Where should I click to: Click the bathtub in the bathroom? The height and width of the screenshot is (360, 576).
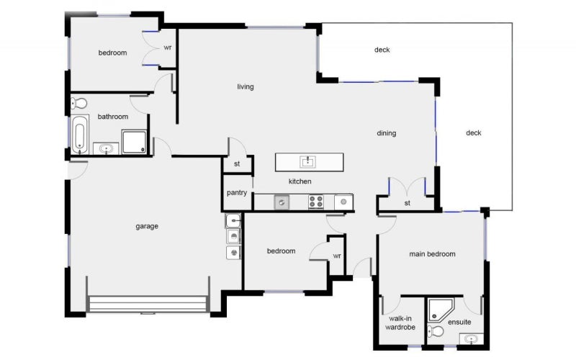point(79,135)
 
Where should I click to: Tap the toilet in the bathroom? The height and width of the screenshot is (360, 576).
point(80,103)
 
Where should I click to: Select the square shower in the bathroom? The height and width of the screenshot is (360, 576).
point(135,142)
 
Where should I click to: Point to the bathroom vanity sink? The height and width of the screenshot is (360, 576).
point(107,149)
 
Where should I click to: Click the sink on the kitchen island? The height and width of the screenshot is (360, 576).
point(309,161)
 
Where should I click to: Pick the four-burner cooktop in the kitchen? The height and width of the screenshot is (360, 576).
point(316,202)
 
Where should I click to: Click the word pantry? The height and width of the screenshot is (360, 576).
point(237,193)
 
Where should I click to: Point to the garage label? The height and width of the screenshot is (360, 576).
point(147,226)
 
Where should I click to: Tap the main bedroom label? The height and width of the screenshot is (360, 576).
point(432,254)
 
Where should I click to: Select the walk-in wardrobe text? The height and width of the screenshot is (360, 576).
point(400,323)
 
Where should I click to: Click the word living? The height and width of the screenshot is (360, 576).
point(246,87)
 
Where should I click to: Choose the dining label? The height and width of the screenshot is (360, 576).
point(386,133)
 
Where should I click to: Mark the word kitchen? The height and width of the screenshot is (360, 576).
point(300,181)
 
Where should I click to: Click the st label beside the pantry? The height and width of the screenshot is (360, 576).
point(236,165)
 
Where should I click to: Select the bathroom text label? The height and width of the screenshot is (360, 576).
point(113,117)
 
